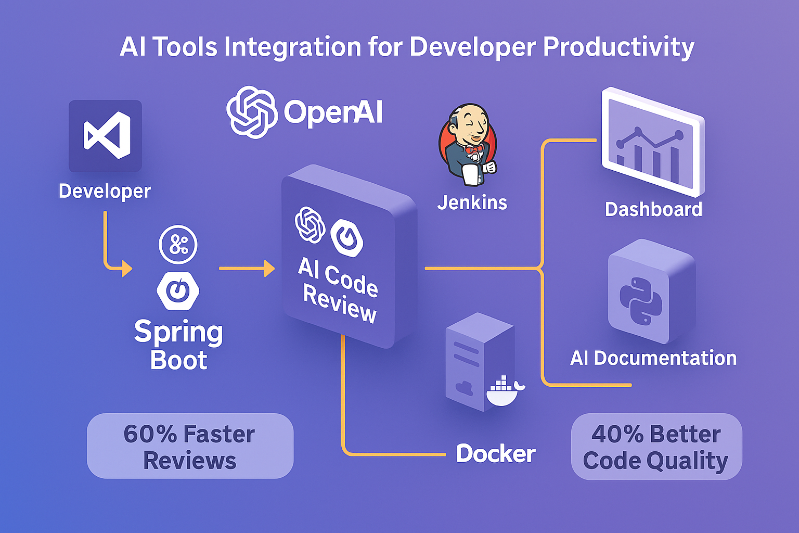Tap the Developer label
[105, 191]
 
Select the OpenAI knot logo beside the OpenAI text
[252, 112]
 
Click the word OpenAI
[333, 112]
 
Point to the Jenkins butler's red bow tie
[473, 149]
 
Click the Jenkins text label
[472, 202]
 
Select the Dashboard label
[653, 209]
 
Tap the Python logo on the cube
[640, 301]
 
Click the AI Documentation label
[653, 358]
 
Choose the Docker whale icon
[503, 391]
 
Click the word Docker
[495, 453]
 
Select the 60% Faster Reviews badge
[190, 447]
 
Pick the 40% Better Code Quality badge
[656, 447]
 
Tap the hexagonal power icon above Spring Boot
[178, 290]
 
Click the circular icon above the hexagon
[178, 245]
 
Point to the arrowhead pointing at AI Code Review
[269, 269]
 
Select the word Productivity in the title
[618, 47]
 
